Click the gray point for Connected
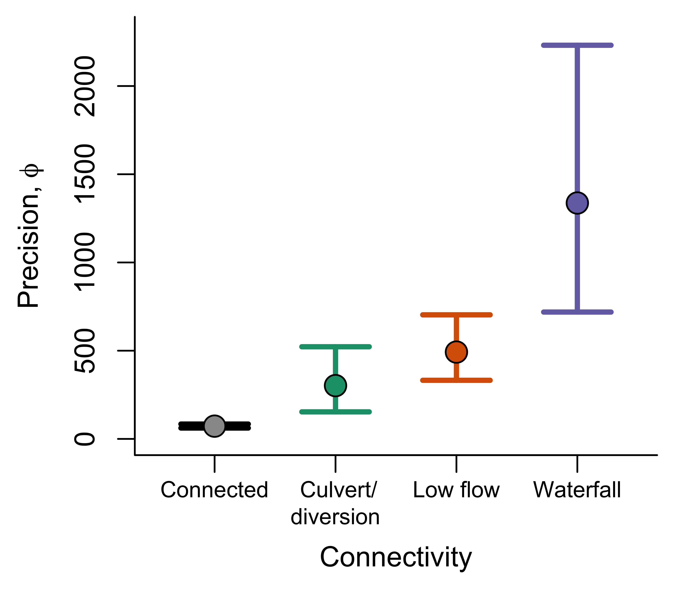click(x=215, y=426)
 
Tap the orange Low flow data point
click(x=456, y=352)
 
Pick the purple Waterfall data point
click(x=577, y=203)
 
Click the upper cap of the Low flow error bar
click(x=456, y=315)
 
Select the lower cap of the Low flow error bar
click(x=456, y=380)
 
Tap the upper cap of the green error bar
click(x=335, y=347)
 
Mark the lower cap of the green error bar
click(x=335, y=411)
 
